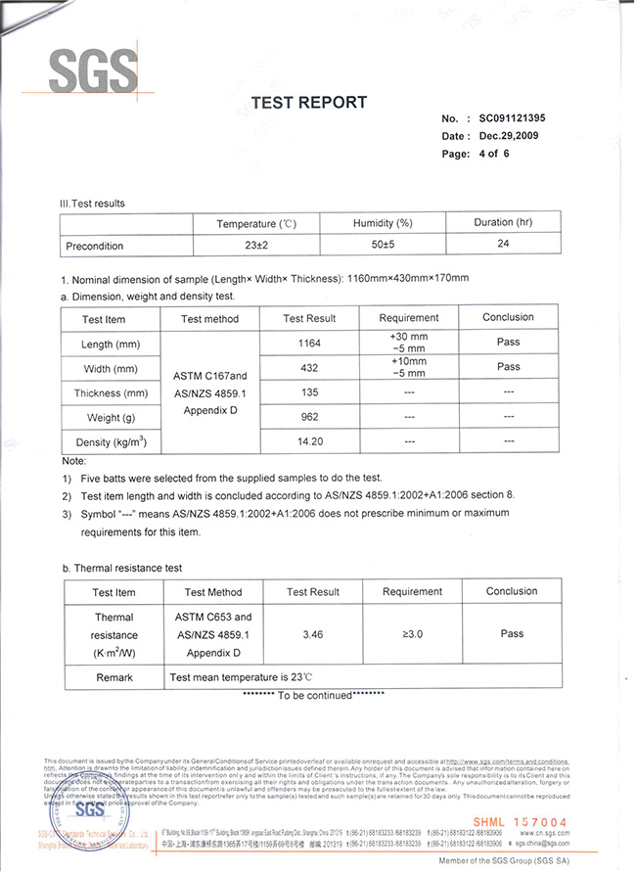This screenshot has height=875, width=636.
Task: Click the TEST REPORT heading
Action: pos(309,103)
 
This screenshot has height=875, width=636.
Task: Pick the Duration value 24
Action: pos(503,243)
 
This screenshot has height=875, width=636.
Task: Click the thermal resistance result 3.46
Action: pos(313,635)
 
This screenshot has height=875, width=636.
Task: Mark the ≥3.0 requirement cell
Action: pos(412,635)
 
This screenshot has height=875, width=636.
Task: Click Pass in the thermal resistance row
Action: pos(512,634)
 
